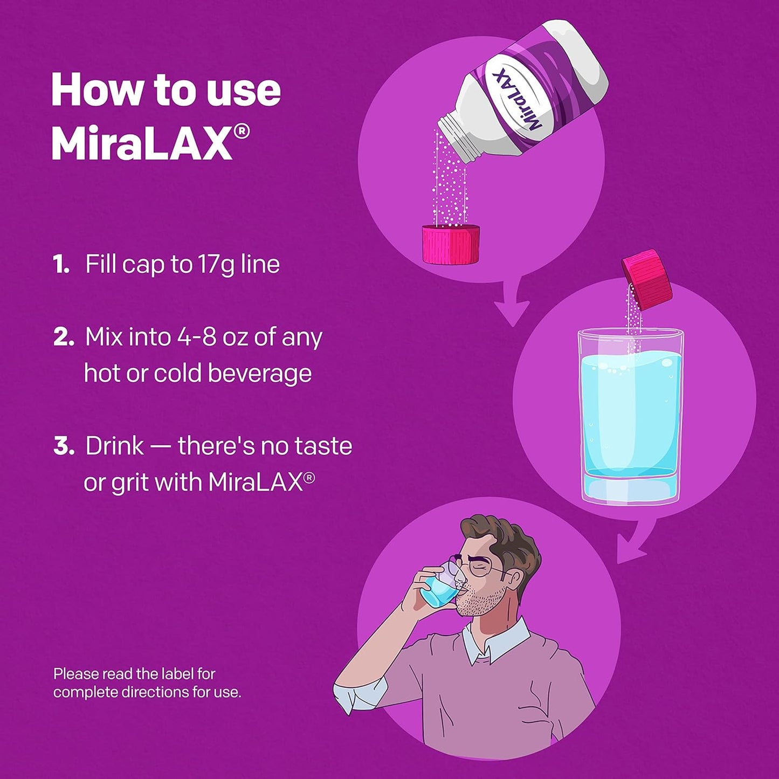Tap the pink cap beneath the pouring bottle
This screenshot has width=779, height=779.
(451, 245)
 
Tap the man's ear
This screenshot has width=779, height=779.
(514, 580)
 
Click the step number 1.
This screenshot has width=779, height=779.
(61, 265)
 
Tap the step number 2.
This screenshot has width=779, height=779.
(64, 337)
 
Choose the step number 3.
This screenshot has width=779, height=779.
(64, 446)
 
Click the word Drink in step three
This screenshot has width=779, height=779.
(114, 446)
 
